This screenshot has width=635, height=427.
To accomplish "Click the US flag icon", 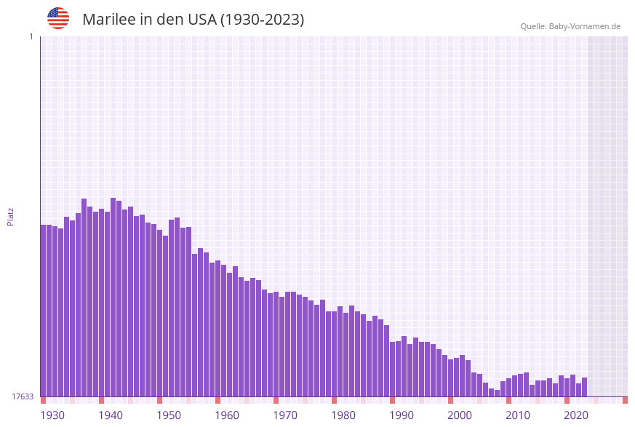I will tap(58, 18).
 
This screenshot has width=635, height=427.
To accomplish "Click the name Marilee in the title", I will tap(108, 20).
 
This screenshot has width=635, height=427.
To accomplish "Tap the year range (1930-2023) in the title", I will tap(262, 20).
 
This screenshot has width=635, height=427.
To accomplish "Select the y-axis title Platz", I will tap(11, 217).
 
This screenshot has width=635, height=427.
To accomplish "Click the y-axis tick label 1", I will tap(31, 36).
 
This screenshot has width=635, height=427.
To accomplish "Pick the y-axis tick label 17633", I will tap(22, 396).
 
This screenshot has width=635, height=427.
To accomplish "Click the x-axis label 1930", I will tap(52, 415).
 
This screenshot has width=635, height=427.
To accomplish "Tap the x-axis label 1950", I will tap(169, 415).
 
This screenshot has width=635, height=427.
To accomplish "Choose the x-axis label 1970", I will tap(285, 415).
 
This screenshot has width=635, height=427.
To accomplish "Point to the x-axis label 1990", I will tap(402, 415).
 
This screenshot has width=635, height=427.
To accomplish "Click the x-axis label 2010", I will tap(518, 415).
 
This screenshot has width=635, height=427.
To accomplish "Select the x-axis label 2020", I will tap(576, 415).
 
